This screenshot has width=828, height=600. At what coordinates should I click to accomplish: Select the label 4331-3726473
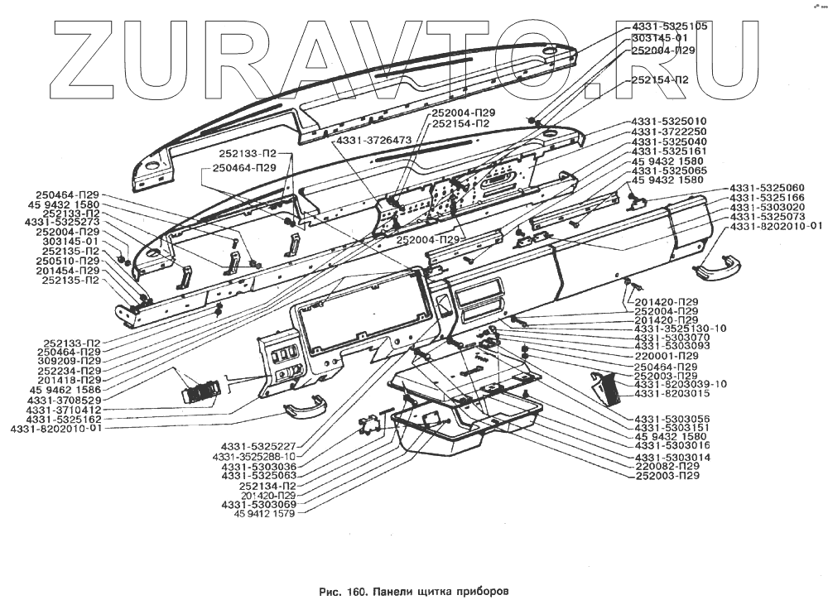tap(374, 141)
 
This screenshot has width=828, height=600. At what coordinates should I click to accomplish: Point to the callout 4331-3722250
tap(669, 131)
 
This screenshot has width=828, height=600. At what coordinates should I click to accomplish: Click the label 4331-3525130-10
tap(680, 329)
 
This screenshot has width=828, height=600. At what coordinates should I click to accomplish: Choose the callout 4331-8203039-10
tap(680, 384)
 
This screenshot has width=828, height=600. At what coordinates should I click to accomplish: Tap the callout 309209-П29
tap(69, 362)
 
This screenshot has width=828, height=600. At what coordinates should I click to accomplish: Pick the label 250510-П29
tap(71, 261)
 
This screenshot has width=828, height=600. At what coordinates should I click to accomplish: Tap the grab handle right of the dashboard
tap(716, 266)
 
